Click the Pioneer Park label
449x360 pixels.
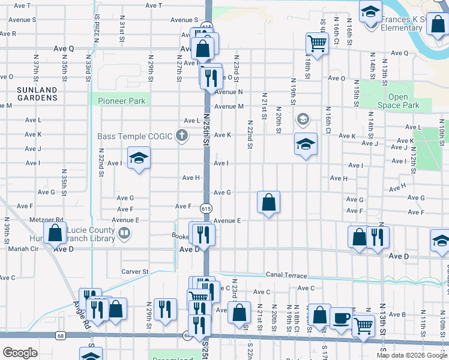(121, 101)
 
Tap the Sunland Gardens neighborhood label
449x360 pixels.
(37, 94)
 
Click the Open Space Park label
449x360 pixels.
(398, 101)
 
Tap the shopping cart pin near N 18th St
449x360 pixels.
(316, 43)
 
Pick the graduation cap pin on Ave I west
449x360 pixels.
(139, 158)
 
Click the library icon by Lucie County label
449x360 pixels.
(124, 233)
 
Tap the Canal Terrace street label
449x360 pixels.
(286, 275)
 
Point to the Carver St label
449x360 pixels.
(135, 272)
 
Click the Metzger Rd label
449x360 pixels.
(47, 220)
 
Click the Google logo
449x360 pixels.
(20, 353)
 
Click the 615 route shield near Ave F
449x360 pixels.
(206, 208)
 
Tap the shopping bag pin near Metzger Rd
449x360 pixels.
(55, 232)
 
